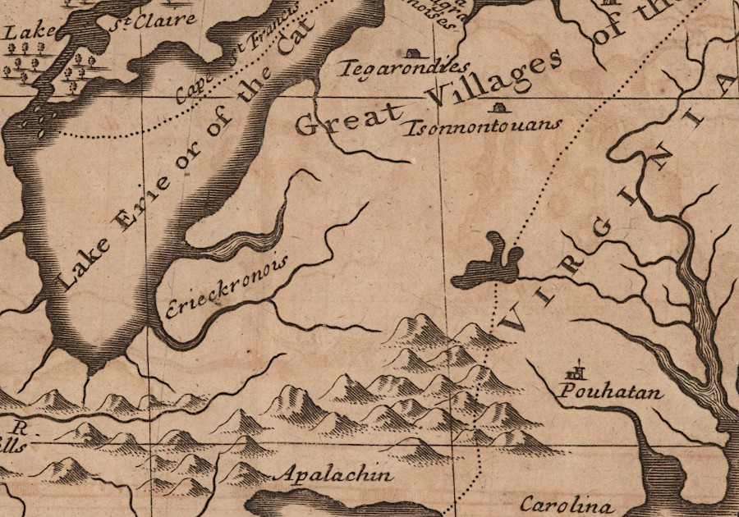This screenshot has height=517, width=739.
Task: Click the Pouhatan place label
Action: click(x=610, y=392)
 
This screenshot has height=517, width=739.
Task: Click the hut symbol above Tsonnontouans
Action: click(x=497, y=107)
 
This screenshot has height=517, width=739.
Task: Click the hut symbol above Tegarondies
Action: click(x=413, y=53)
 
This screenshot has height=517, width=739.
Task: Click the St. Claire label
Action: click(x=171, y=18)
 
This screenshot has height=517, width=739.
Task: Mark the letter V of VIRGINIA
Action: click(x=514, y=318)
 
